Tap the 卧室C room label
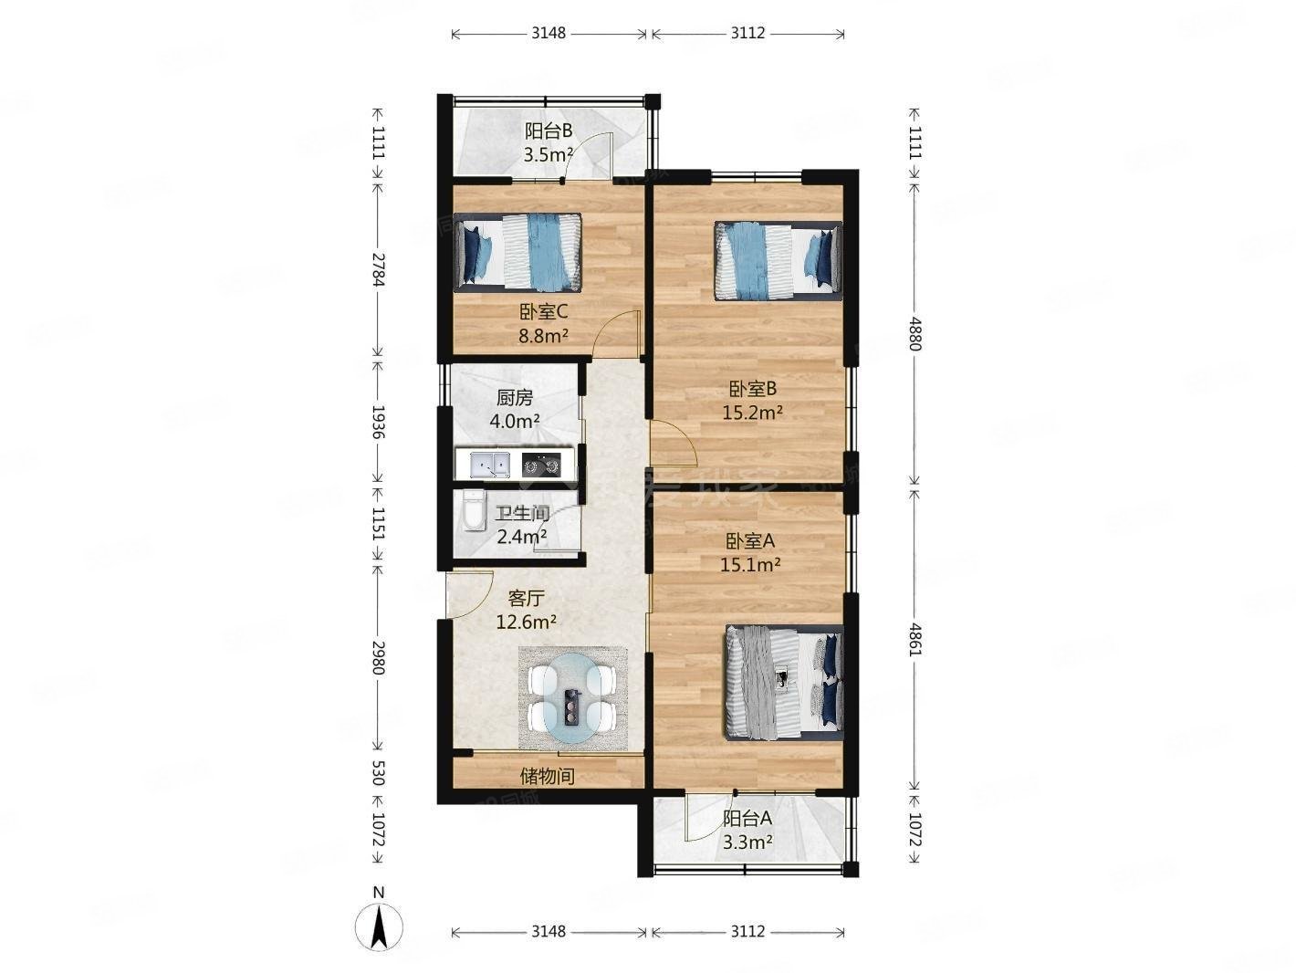coord(544,312)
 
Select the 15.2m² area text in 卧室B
coord(752,413)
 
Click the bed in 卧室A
coord(784,682)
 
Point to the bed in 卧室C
coord(518,252)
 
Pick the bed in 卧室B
coord(777,260)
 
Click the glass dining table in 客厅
coord(572,698)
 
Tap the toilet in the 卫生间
coord(472,511)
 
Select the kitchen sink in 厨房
coord(489,465)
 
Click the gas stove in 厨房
coord(540,465)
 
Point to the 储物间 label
coord(547,777)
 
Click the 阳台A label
coord(747,819)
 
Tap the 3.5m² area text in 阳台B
coord(548,154)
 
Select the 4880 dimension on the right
coord(916,334)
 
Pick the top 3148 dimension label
coord(549,33)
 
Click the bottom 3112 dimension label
coord(747,931)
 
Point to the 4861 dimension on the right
coord(916,634)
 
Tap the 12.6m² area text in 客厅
coord(527,623)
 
